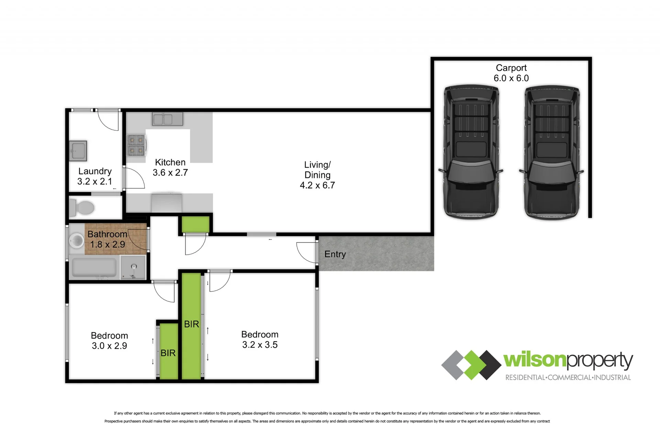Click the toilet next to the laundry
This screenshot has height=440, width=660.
coord(82,208)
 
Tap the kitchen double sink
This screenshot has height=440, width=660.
coord(167,119)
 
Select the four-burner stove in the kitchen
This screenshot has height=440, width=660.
coord(136,145)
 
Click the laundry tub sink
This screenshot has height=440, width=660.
coord(78,151)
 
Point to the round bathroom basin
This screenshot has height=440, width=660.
coord(76,241)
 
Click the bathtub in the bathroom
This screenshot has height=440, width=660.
coord(94,267)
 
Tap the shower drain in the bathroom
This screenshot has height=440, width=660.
coord(134,266)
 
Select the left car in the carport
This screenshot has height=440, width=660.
coord(471,152)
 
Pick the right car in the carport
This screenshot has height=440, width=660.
coord(551,152)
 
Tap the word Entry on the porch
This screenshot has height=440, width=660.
coord(335,254)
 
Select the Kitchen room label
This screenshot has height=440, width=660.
coord(170,162)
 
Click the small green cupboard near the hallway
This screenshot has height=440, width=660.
coord(195,224)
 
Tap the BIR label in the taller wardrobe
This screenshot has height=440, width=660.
coord(191,324)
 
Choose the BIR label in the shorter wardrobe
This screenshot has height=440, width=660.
coord(168,353)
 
